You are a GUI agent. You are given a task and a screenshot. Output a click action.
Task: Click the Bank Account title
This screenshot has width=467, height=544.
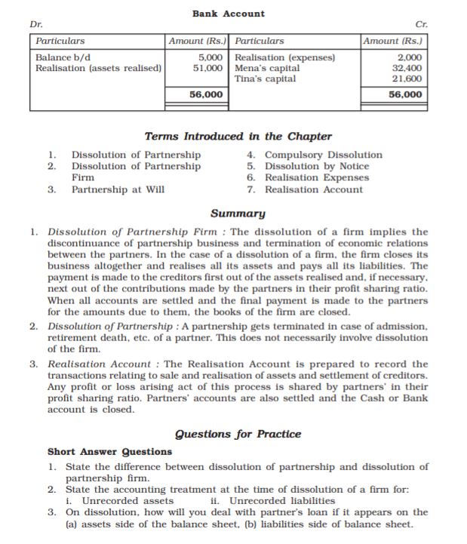229,14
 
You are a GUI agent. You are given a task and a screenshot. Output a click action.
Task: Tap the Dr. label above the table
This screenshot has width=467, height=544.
35,24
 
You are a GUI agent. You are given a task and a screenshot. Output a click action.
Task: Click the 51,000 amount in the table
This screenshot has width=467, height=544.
208,68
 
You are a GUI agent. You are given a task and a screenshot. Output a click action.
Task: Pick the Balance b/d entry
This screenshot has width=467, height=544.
63,57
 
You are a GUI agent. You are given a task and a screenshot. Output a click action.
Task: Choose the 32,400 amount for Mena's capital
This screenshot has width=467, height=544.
407,68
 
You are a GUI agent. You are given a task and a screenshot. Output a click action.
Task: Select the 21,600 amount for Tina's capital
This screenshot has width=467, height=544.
407,78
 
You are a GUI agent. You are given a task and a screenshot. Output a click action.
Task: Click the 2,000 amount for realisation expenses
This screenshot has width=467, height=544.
410,57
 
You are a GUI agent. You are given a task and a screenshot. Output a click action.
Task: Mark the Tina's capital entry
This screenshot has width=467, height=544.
266,78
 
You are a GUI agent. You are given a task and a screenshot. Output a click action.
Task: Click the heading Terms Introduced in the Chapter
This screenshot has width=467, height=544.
238,137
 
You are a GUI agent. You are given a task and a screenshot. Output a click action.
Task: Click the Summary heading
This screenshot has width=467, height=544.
238,214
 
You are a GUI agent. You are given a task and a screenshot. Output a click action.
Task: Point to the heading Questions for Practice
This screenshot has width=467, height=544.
238,434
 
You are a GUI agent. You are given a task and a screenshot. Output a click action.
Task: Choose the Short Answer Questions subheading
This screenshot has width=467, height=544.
109,452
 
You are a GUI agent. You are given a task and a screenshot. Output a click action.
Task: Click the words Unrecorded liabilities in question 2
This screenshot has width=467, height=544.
282,500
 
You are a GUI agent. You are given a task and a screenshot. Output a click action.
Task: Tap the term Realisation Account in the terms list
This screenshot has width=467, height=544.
313,189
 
